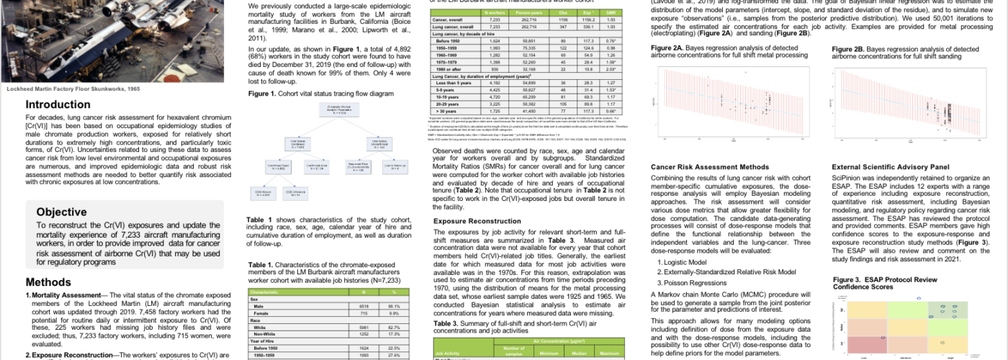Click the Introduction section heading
58,104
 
